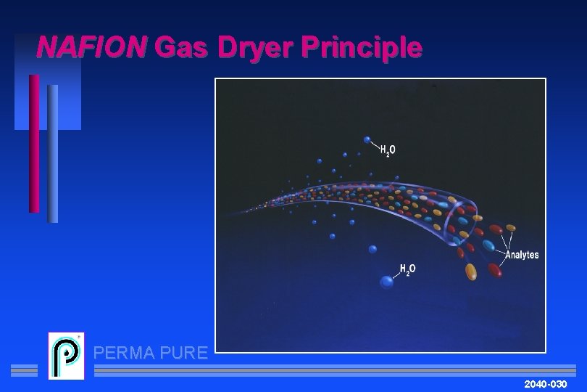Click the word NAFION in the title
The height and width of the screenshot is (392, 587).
91,48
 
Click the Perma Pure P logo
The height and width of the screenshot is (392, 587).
66,356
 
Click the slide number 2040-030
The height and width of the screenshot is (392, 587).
546,382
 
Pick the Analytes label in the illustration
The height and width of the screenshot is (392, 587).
522,255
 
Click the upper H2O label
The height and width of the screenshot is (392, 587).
388,150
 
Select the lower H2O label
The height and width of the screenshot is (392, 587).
408,269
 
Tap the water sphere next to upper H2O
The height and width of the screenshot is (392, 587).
367,139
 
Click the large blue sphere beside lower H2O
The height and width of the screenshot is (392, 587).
387,282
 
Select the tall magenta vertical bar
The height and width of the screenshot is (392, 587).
34,143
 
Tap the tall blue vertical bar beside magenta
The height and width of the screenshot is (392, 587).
52,153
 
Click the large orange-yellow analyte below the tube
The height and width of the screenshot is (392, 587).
471,271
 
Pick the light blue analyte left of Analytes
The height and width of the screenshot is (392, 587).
489,246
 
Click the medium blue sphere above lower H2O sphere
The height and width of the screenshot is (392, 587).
372,249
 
